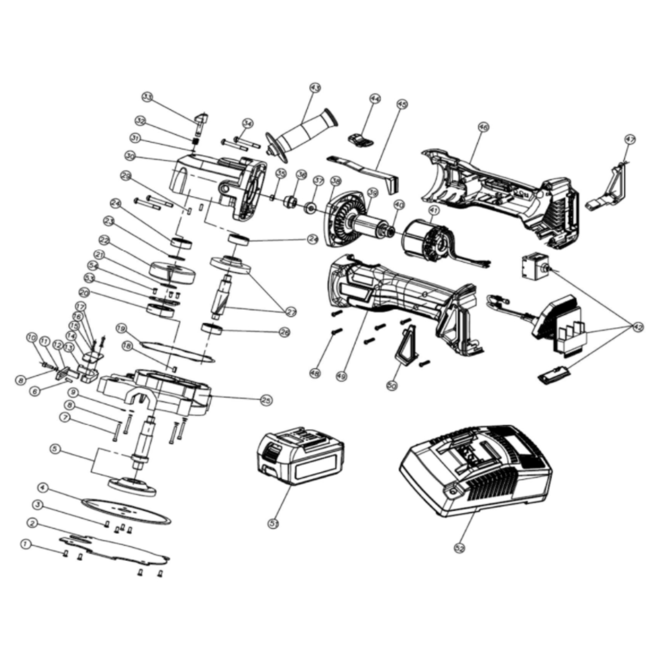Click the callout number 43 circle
pyautogui.click(x=315, y=88)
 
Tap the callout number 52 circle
pyautogui.click(x=460, y=548)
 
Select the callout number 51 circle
pyautogui.click(x=274, y=523)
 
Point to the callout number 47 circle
pyautogui.click(x=630, y=140)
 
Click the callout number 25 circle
pyautogui.click(x=267, y=399)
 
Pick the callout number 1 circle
pyautogui.click(x=24, y=544)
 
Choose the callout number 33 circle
pyautogui.click(x=147, y=97)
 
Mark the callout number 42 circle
pyautogui.click(x=638, y=327)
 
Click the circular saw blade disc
pyautogui.click(x=126, y=510)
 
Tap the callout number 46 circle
pyautogui.click(x=483, y=127)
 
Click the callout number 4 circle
pyautogui.click(x=43, y=487)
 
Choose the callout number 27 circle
pyautogui.click(x=290, y=312)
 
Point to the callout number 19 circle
pyautogui.click(x=122, y=328)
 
